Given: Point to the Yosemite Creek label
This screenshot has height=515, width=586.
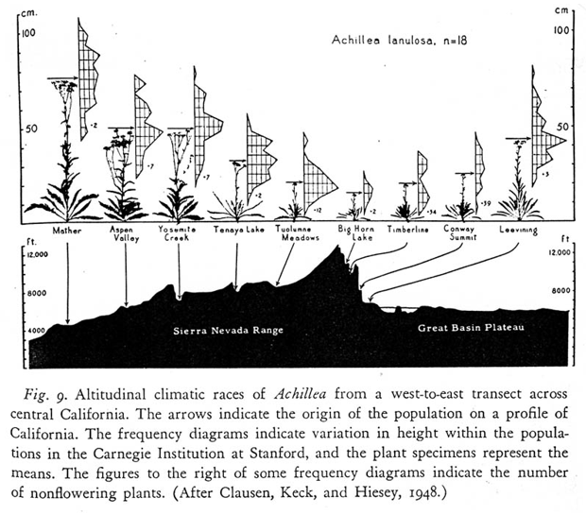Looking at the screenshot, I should point(179,235).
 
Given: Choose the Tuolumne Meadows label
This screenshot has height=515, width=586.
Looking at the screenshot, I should point(297,235).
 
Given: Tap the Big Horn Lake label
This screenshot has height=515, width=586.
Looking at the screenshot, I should point(355,235).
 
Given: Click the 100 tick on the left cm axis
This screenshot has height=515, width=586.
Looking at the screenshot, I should point(29,33).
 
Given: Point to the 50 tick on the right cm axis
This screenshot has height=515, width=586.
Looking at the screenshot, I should point(561,126).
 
